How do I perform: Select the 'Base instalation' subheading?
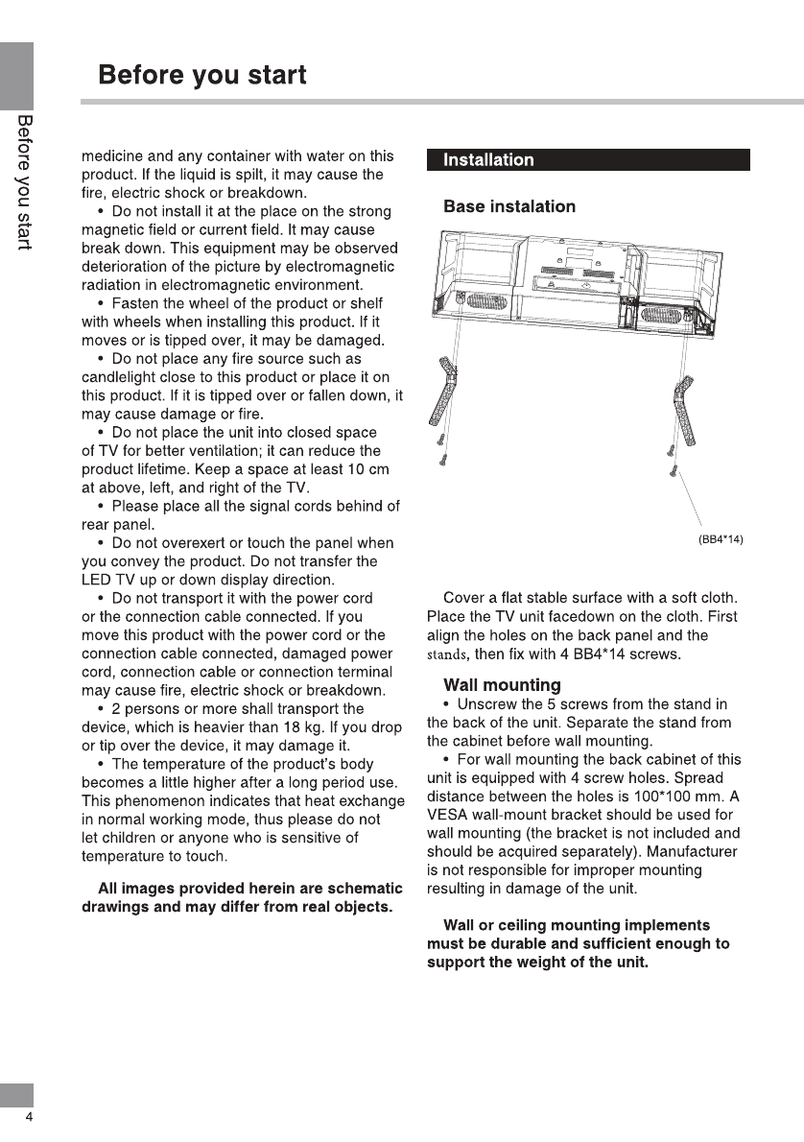[x=509, y=206]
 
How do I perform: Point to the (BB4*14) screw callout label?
[x=721, y=539]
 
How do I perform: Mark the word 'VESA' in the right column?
[x=446, y=815]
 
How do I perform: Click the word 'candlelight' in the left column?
[x=120, y=377]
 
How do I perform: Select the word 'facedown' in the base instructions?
[x=580, y=617]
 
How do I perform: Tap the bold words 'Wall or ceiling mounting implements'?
[x=577, y=925]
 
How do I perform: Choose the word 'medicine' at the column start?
[x=112, y=155]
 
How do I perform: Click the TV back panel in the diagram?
[x=576, y=274]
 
